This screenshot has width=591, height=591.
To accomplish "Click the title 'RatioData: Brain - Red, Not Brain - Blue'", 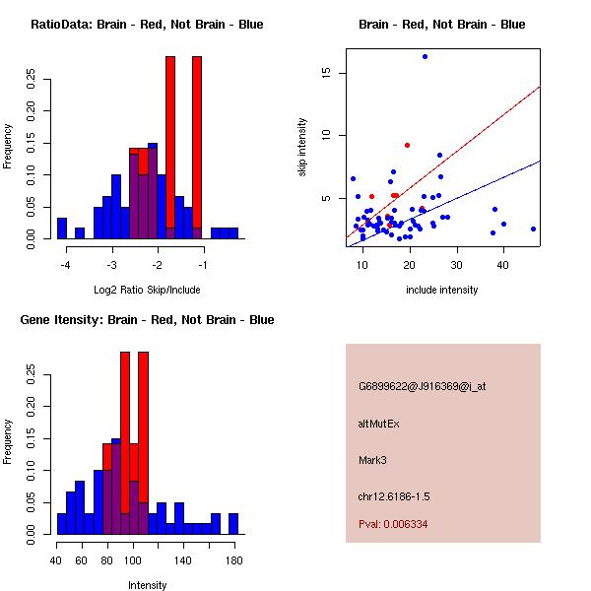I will (147, 25).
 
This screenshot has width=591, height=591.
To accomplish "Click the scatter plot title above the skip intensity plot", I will (442, 25).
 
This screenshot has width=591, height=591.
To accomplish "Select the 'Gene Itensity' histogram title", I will (147, 320).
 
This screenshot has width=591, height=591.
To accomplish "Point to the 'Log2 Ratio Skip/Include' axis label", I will (147, 290).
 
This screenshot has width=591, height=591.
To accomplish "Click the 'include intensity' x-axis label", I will (442, 290).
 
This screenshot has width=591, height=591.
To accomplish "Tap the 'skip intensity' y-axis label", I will (302, 148).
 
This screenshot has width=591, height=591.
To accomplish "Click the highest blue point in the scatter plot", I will (425, 56).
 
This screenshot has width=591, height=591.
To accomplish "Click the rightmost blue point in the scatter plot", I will (533, 229).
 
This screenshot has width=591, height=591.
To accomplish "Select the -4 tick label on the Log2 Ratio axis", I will (66, 265).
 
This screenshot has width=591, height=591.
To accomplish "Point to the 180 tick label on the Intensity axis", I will (233, 560).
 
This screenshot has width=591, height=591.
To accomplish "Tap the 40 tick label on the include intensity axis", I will (502, 265).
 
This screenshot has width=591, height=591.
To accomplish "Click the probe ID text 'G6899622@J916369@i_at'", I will (422, 386).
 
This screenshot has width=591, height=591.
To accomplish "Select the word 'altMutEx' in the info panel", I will (379, 424).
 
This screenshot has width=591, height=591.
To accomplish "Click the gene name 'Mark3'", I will (373, 460).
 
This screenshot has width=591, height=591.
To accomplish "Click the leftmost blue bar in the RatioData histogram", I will (62, 229).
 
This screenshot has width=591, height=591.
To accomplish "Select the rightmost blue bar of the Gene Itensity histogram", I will (233, 524).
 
